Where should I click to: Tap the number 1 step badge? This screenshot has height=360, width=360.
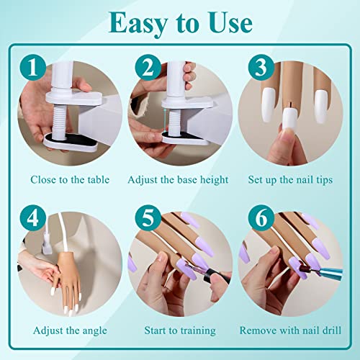pyautogui.click(x=33, y=68)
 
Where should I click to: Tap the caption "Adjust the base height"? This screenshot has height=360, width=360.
pyautogui.click(x=179, y=179)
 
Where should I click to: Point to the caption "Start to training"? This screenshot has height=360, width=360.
pyautogui.click(x=179, y=330)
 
